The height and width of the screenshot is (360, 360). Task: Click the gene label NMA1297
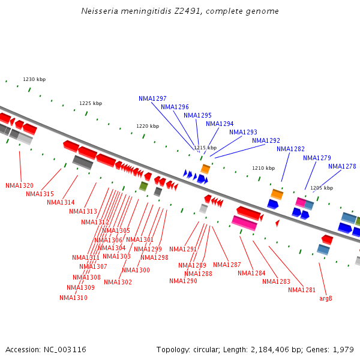click(152, 98)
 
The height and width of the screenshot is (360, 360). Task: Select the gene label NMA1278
click(342, 166)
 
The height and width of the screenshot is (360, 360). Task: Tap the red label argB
click(326, 298)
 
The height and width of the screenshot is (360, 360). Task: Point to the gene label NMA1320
click(20, 185)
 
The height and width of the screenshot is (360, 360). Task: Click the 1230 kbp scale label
click(34, 79)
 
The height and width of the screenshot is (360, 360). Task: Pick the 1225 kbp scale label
click(91, 103)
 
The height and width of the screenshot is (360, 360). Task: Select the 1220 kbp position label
click(148, 126)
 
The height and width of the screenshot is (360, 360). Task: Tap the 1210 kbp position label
click(263, 168)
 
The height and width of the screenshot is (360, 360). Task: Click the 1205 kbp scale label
click(322, 188)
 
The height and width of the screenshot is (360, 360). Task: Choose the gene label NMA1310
click(73, 297)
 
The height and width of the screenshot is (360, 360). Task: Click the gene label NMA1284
click(251, 273)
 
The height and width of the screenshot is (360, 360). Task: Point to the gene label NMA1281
click(302, 290)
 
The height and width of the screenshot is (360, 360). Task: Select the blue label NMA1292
click(266, 141)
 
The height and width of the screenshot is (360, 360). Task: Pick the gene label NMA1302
click(118, 282)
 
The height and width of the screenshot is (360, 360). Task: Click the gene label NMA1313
click(83, 211)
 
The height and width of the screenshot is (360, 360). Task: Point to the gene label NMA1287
click(227, 265)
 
